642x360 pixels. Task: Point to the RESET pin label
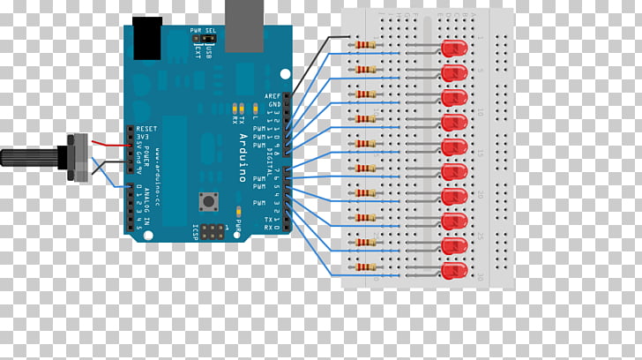click(147, 128)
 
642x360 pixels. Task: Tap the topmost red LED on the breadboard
click(453, 48)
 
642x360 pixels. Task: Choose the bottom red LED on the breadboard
click(453, 269)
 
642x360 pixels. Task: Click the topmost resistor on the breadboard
click(365, 44)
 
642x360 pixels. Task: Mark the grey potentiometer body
click(78, 157)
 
